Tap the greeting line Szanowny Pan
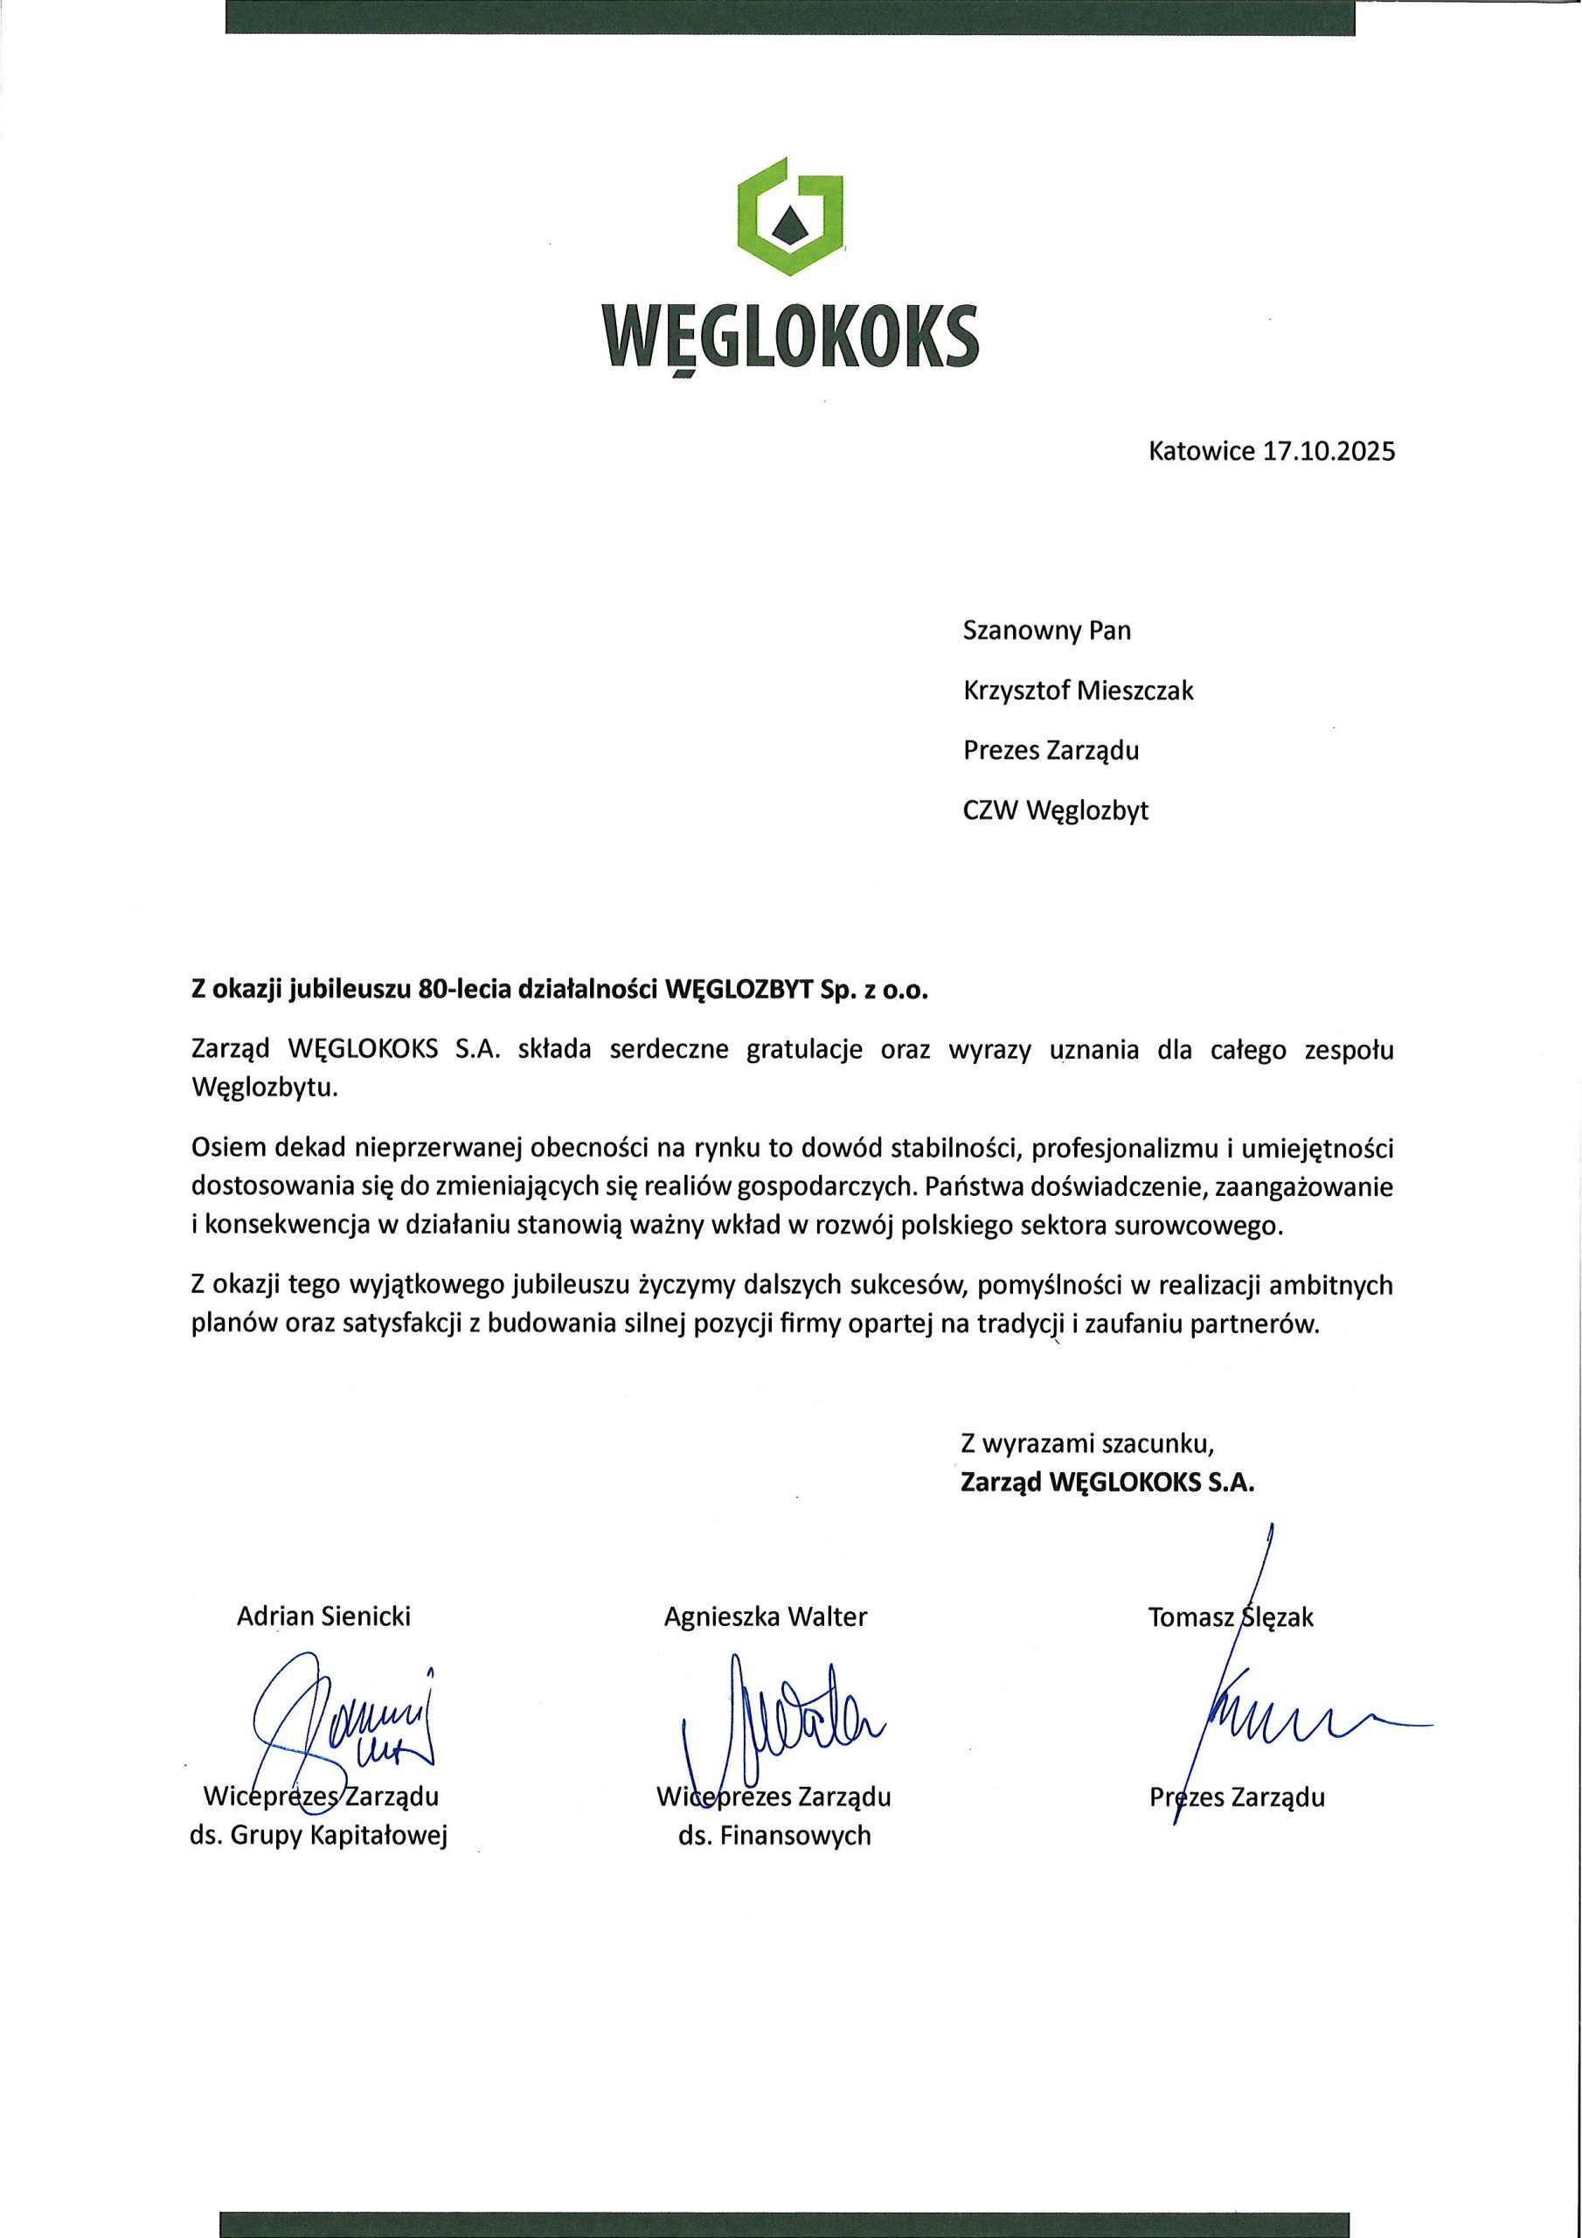coord(1047,630)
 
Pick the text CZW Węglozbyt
coord(1056,811)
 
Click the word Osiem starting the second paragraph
coord(228,1150)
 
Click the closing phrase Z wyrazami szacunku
coord(1086,1442)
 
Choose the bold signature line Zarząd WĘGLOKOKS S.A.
coord(1108,1483)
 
